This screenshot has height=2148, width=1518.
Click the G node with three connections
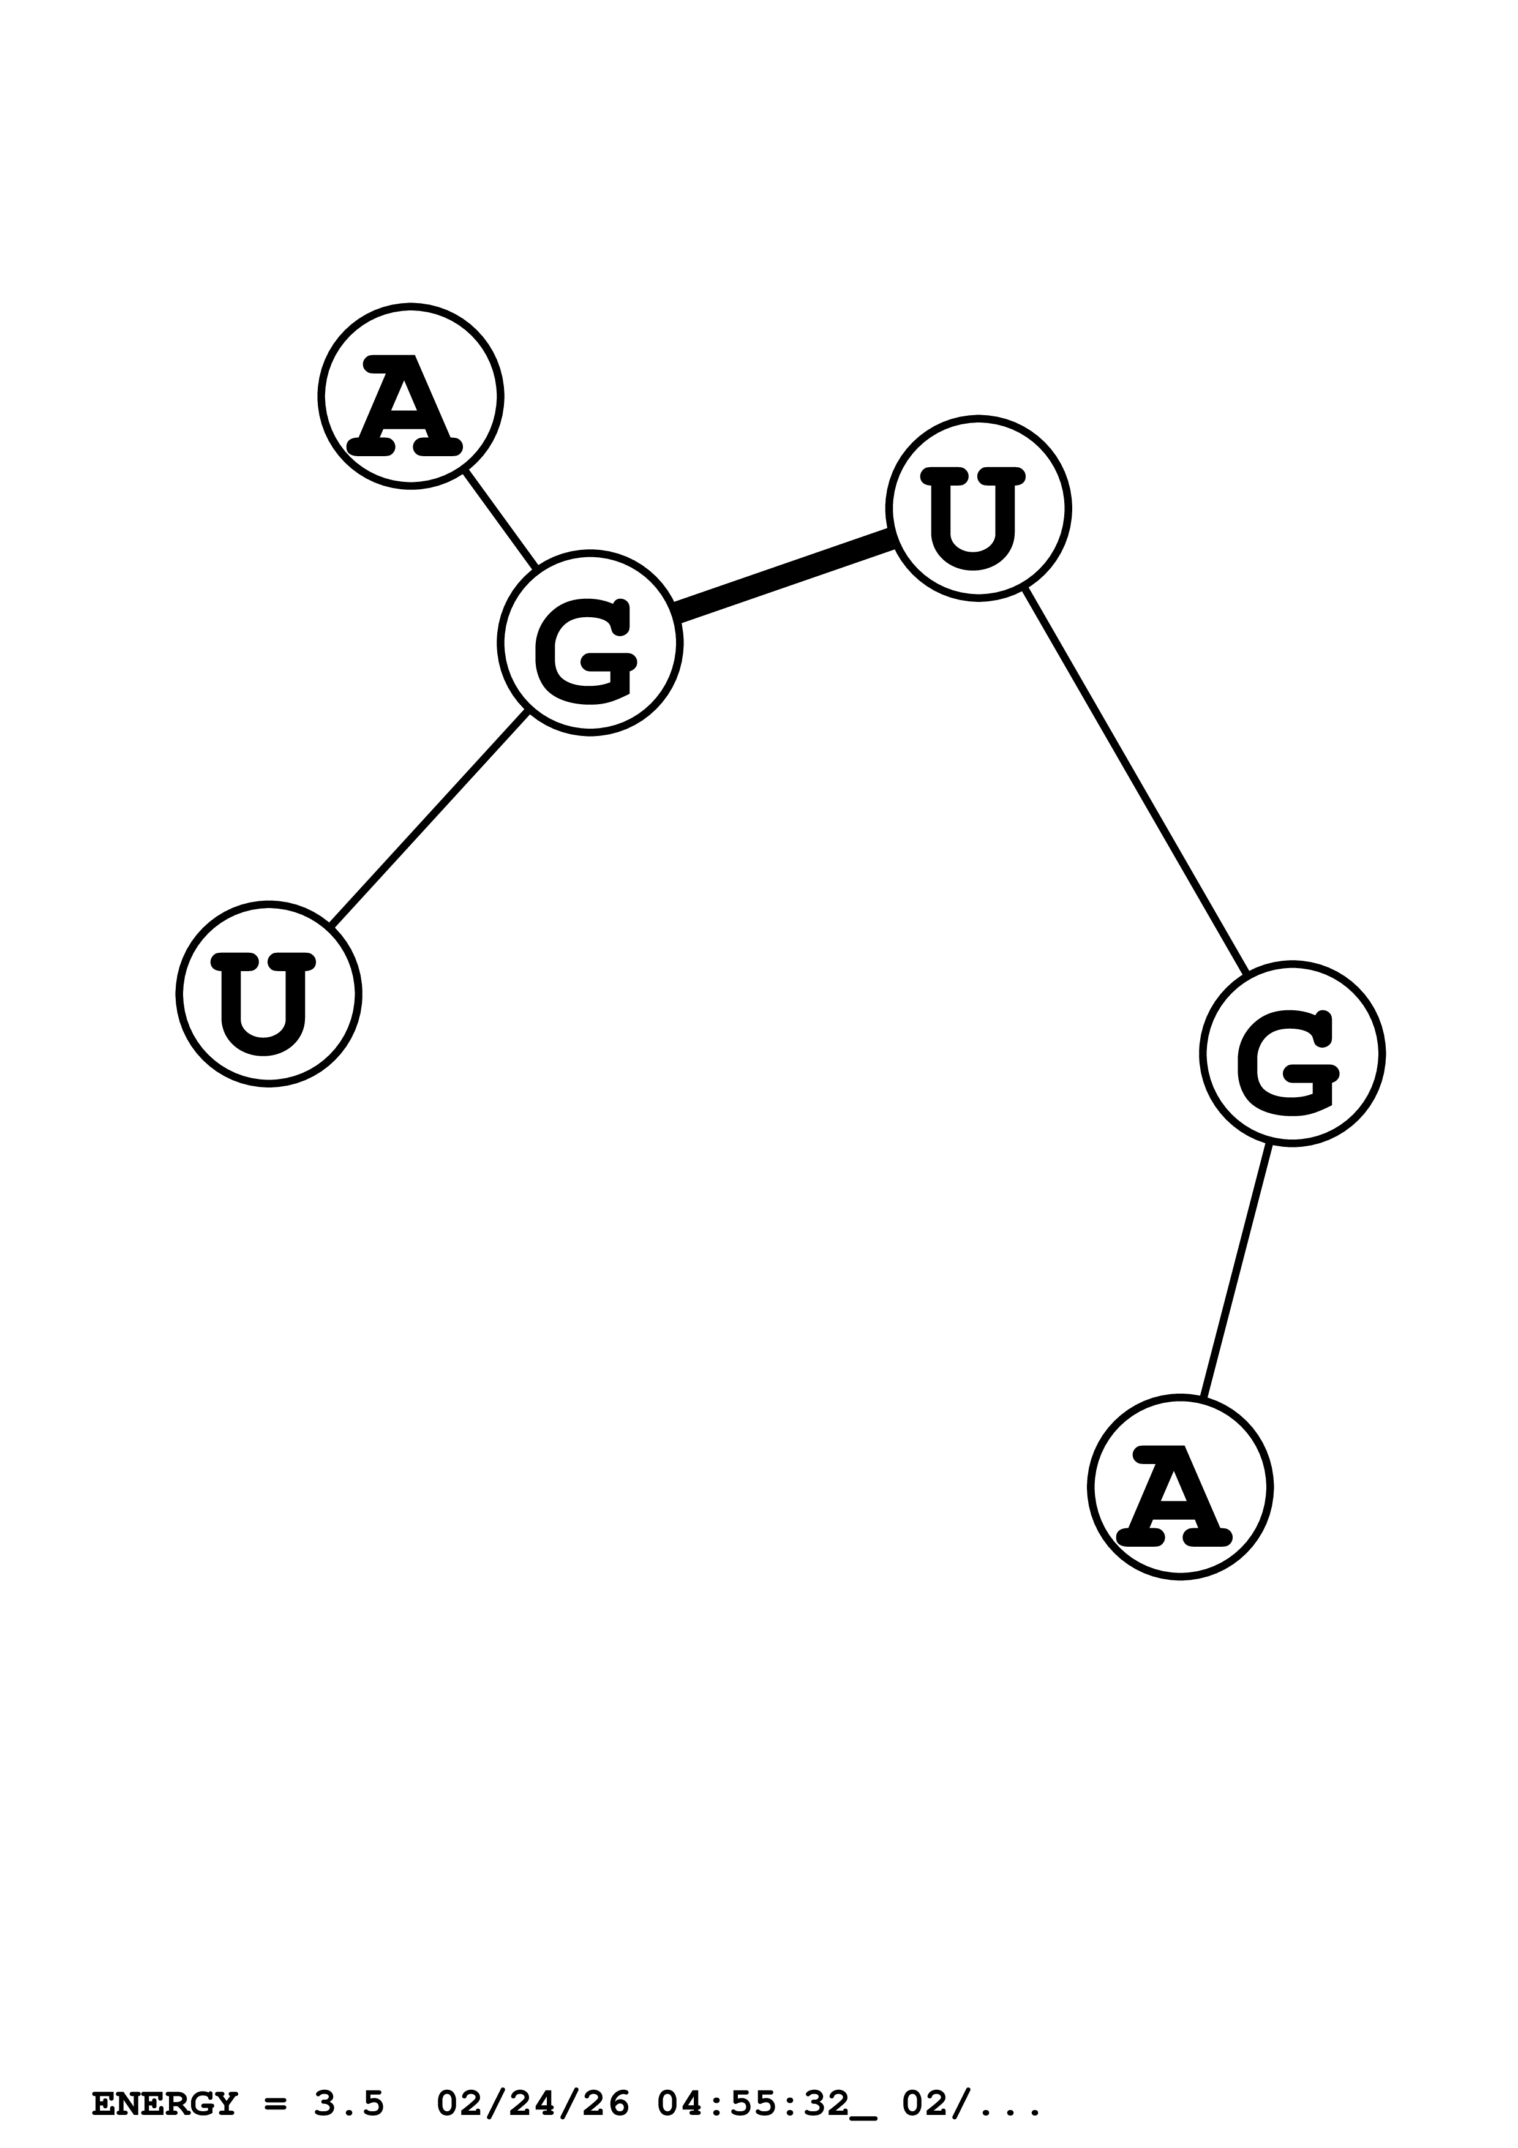tap(589, 644)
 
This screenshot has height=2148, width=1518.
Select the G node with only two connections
tap(1291, 1053)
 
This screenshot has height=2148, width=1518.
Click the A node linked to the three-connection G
tap(411, 396)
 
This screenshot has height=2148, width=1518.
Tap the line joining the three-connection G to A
tap(502, 519)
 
